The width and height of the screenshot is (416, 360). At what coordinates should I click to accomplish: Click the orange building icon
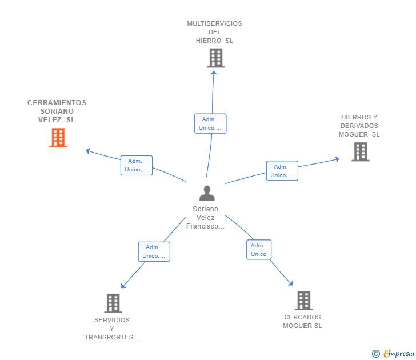[x=58, y=138]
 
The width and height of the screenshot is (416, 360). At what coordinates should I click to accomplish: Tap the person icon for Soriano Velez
[x=207, y=193]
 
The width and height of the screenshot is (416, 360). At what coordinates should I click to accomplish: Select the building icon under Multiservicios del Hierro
[x=216, y=58]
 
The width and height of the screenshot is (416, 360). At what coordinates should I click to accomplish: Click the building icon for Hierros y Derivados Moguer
[x=361, y=152]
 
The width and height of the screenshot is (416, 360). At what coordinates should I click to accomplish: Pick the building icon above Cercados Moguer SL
[x=304, y=301]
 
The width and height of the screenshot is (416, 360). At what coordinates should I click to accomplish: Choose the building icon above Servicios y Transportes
[x=113, y=303]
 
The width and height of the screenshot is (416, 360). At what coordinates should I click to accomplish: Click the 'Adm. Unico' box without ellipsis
[x=259, y=250]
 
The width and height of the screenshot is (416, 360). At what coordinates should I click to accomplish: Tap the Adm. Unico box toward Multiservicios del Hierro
[x=210, y=123]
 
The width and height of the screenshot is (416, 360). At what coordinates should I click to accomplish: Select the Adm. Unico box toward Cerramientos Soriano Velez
[x=137, y=165]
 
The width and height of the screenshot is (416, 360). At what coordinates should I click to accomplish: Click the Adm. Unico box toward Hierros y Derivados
[x=282, y=171]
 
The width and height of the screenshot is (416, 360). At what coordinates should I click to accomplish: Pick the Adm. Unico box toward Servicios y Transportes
[x=154, y=251]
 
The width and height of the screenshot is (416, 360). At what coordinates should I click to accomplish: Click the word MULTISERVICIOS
[x=215, y=23]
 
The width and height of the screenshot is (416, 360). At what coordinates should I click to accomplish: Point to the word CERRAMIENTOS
[x=57, y=103]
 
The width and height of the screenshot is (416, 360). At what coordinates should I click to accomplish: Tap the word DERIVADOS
[x=359, y=126]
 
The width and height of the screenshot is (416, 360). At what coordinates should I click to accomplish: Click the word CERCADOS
[x=302, y=317]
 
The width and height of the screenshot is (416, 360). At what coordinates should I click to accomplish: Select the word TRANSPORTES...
[x=111, y=337]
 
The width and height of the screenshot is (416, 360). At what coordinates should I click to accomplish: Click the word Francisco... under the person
[x=205, y=226]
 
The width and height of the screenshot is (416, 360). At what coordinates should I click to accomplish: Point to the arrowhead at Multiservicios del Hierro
[x=214, y=73]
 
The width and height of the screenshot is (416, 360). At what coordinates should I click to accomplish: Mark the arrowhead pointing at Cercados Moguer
[x=291, y=283]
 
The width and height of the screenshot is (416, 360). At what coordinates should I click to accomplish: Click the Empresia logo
[x=393, y=353]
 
